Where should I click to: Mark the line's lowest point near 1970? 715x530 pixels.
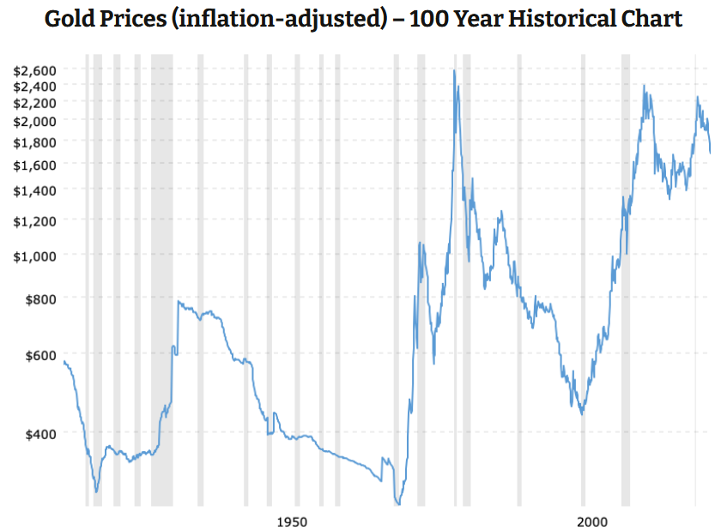398,504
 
